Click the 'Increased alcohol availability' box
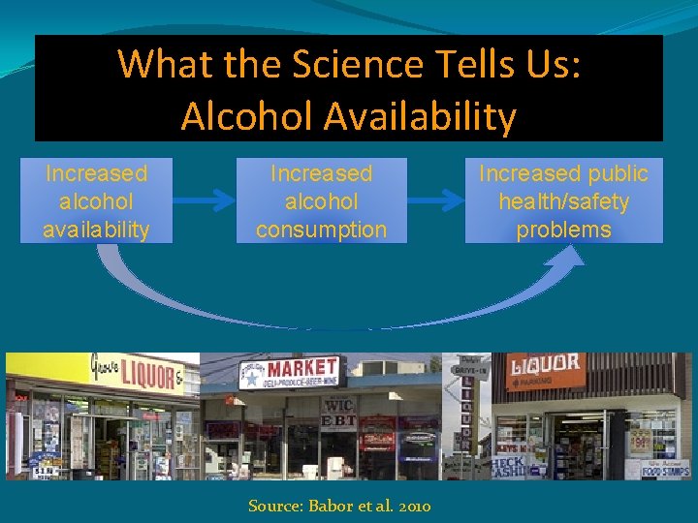coord(96,200)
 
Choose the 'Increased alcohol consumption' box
coord(321,200)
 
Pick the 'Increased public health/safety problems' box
coord(563,200)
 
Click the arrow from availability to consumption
coord(205,200)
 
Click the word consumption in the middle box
coord(321,230)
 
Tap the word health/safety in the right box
coord(563,201)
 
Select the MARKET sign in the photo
coord(301,369)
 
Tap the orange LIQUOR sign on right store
coord(546,366)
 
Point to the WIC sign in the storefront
coord(338,403)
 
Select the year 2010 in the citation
coord(412,506)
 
